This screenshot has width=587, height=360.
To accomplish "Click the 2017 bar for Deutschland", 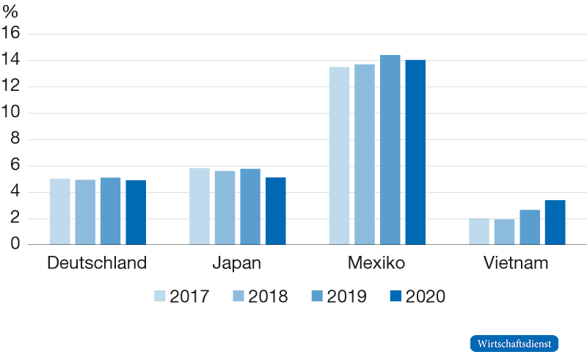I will tap(60, 211).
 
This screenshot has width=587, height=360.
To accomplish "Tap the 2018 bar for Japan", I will tap(225, 207).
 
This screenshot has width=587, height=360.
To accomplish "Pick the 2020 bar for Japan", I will tap(275, 211).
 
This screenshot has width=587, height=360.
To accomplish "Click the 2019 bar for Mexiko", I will tap(390, 150).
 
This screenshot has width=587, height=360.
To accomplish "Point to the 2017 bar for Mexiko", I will tap(339, 155).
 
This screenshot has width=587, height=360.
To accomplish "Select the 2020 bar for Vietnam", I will tap(555, 222).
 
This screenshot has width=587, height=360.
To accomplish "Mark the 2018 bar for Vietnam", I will tap(504, 232).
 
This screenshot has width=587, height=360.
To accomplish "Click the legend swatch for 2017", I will tap(160, 296).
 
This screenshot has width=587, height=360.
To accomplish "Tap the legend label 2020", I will tap(426, 296).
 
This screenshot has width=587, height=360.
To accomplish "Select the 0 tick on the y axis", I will tap(15, 245).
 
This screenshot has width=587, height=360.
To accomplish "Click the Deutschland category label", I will tap(96, 263).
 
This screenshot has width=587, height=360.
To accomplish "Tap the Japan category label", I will tap(237, 263).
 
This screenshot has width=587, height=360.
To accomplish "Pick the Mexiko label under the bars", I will tap(377, 263).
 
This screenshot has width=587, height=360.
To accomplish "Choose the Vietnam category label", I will tap(517, 263).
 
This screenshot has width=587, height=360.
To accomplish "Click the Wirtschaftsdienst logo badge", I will tap(514, 343).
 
